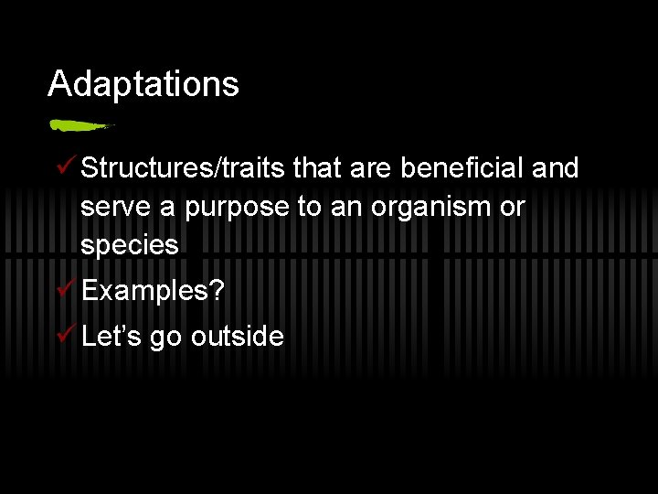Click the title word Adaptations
143,84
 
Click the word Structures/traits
185,168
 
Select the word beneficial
474,168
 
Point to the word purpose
238,208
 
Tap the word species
129,246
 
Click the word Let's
111,336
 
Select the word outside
237,337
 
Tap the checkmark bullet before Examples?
64,290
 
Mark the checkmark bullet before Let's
64,335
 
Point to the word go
166,338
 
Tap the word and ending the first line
555,168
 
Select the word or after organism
513,208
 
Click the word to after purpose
309,208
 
